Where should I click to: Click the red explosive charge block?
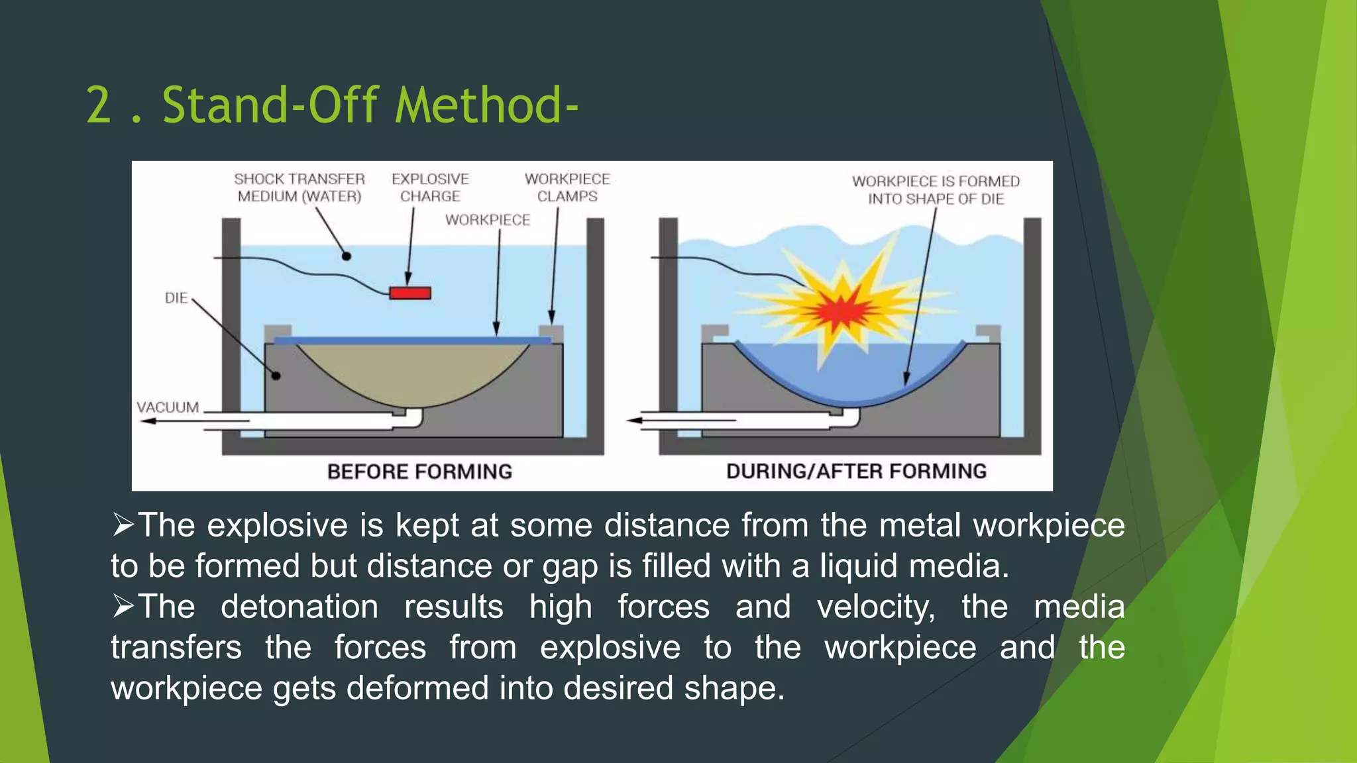410,293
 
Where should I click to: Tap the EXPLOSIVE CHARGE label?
430,187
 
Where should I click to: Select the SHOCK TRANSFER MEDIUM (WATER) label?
299,187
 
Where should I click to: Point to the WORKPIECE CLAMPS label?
567,187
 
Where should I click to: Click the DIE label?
176,298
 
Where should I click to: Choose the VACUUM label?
168,407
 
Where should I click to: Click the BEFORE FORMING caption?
419,472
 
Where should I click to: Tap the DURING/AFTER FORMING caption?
856,471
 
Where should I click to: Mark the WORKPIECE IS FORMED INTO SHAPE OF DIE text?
936,190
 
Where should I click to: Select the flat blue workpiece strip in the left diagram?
412,340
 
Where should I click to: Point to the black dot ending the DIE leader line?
276,376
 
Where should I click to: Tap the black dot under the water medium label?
346,256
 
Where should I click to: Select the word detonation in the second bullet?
299,607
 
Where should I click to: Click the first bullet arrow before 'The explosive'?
123,525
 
